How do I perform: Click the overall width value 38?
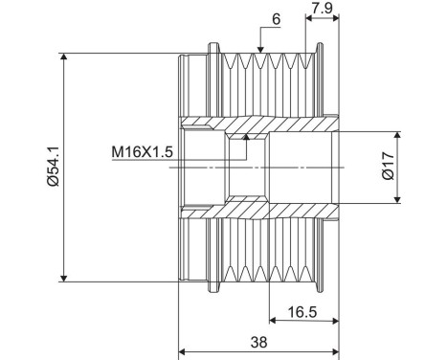coord(257,342)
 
